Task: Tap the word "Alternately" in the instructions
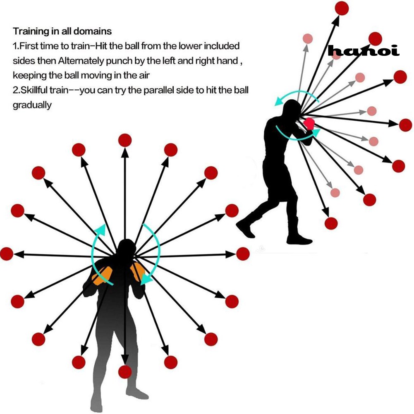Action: pos(80,61)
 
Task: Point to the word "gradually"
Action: pos(32,105)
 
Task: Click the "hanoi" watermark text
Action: pos(363,51)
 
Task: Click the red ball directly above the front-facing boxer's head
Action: pos(125,141)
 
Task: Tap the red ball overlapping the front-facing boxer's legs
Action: pos(124,371)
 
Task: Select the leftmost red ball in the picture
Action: pos(7,254)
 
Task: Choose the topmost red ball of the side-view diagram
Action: pos(342,8)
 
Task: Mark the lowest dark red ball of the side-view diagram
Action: pos(331,223)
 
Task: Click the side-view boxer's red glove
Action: pos(309,123)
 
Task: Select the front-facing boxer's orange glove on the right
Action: pos(138,272)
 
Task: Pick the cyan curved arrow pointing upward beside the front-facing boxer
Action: pos(98,248)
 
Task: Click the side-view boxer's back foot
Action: pos(245,228)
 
